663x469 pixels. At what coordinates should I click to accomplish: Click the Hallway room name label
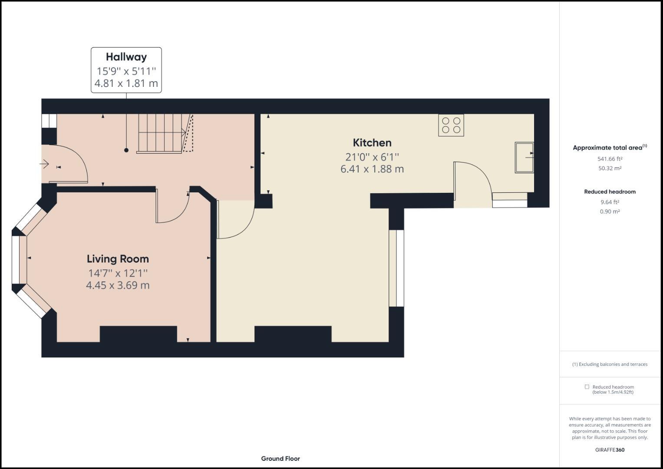coord(126,57)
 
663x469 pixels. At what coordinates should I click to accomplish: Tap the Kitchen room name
coord(372,143)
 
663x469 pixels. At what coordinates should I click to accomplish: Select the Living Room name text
coord(118,259)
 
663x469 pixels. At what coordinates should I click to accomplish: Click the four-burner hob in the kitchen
coord(451,125)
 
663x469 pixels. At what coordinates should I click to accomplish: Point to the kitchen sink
coord(524,157)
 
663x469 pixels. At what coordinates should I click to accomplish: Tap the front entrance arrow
coord(44,164)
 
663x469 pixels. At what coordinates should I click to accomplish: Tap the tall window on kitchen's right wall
coord(396,268)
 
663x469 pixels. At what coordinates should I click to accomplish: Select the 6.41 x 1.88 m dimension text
coord(372,169)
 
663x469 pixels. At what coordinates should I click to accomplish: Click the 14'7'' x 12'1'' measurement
coord(118,273)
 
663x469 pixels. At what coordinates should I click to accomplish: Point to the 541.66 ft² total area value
coord(610,159)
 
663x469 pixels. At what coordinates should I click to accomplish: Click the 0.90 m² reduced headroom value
coord(610,211)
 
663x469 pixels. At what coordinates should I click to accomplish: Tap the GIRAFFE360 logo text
coord(610,450)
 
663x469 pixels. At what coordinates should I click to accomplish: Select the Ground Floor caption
coord(280,459)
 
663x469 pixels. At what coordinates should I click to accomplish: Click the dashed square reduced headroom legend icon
coord(587,387)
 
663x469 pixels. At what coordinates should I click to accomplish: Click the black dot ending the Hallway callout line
coord(126,150)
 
